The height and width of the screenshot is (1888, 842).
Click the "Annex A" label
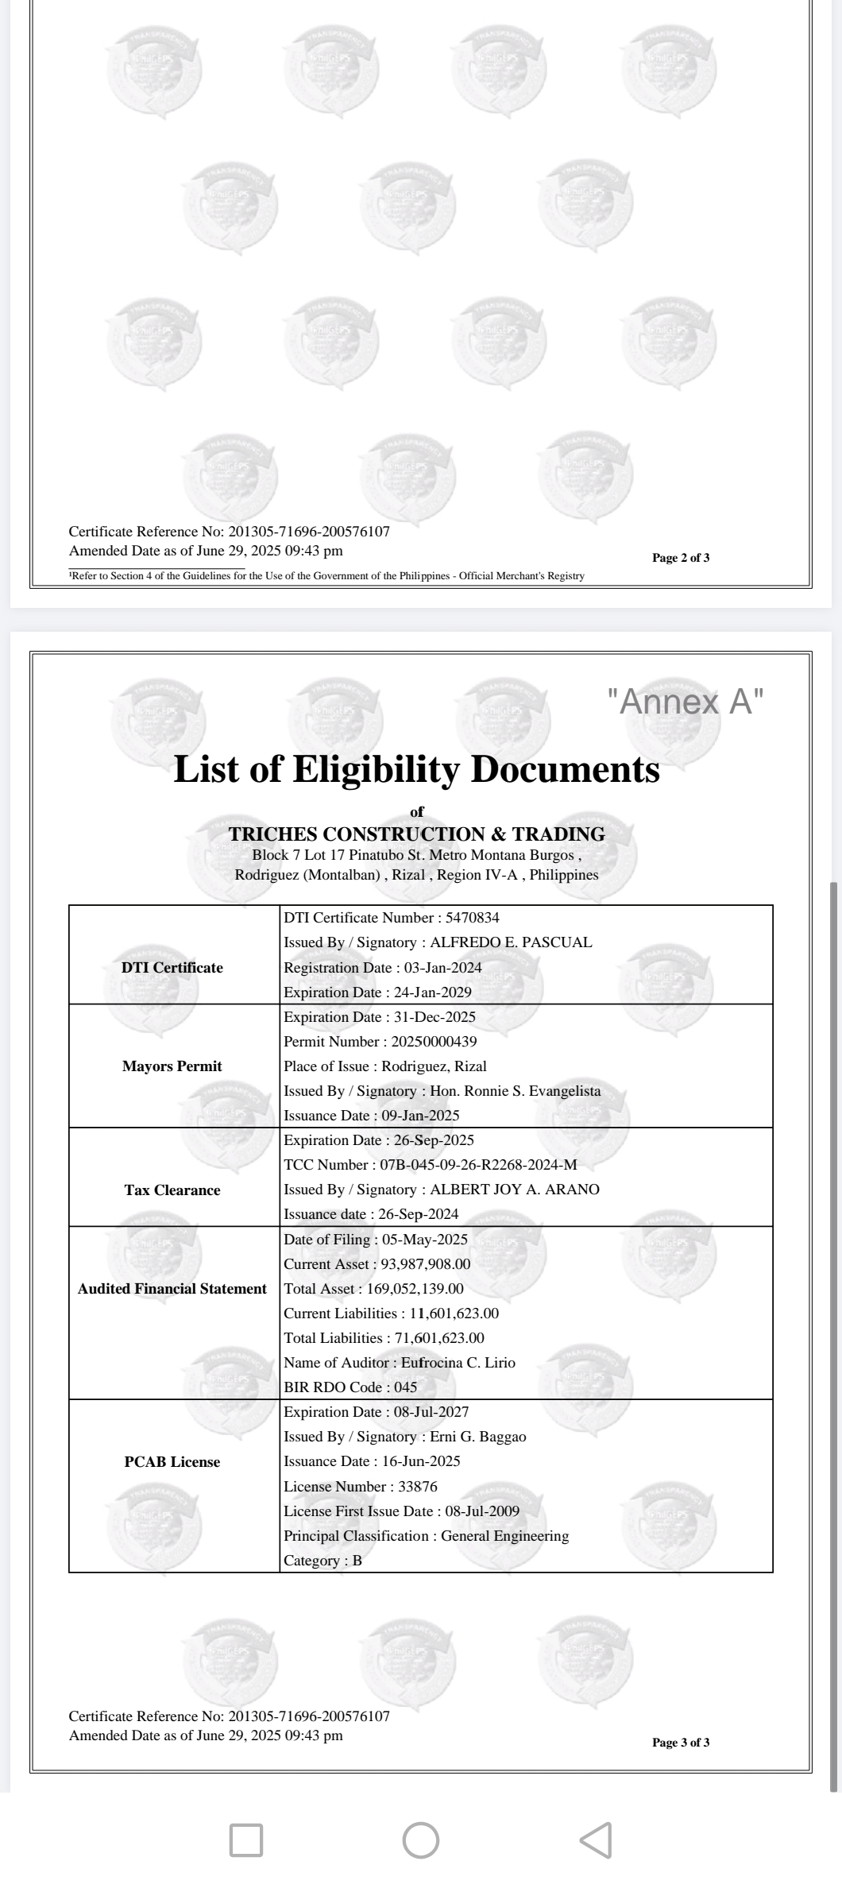[x=686, y=702]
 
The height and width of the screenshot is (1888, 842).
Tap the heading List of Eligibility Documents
[x=416, y=769]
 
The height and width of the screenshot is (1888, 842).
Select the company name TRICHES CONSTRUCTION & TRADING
[x=416, y=834]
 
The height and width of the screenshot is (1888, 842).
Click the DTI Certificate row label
[x=172, y=967]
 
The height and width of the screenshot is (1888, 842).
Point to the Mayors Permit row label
[x=172, y=1066]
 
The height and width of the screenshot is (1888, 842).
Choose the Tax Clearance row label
[x=172, y=1190]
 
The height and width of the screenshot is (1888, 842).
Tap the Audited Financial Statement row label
[x=172, y=1289]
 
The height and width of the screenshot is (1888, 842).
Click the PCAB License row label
[x=172, y=1461]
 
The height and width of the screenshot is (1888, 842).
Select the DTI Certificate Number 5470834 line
[x=392, y=918]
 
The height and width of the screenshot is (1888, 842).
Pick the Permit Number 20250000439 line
[x=380, y=1042]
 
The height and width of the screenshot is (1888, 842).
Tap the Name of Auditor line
[x=400, y=1363]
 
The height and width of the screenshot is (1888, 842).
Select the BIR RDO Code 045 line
[x=350, y=1387]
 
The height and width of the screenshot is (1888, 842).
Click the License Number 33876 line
[x=361, y=1487]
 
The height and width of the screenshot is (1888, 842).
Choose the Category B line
[x=323, y=1561]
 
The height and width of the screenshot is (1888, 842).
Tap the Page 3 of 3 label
[x=681, y=1743]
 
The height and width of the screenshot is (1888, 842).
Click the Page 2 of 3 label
[x=681, y=558]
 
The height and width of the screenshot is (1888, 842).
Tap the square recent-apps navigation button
[x=246, y=1840]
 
